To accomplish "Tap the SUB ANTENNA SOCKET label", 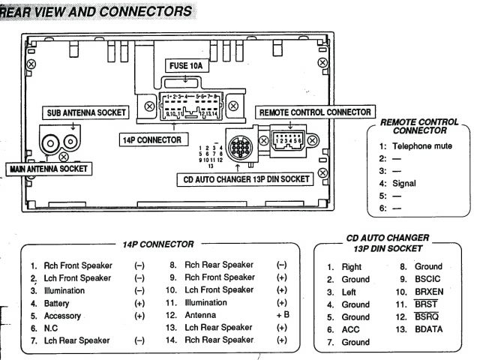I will tap(83, 112).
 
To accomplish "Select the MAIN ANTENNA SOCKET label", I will tap(48, 169).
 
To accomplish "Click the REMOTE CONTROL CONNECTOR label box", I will tap(314, 112).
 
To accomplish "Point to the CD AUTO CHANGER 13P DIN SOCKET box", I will tap(243, 180).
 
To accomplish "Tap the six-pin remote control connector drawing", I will tap(288, 139).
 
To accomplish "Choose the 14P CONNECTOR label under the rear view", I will tap(152, 139).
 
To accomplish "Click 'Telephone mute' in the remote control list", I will tap(422, 146).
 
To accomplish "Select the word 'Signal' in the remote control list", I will tap(403, 183).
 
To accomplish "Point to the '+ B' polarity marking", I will tap(283, 316).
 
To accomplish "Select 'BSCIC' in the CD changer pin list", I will tap(429, 279).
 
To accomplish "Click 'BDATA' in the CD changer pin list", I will tap(430, 329).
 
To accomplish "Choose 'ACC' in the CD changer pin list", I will tap(351, 329).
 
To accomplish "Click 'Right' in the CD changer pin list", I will tap(352, 266).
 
